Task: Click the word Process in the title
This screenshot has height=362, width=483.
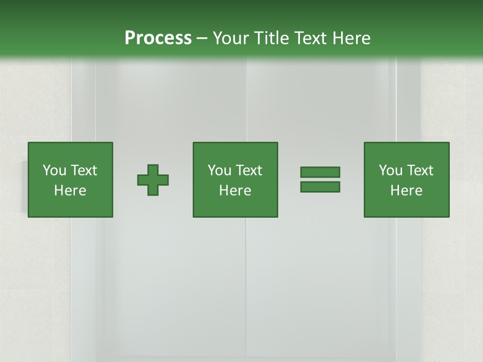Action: point(158,38)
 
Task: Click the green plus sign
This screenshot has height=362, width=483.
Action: point(153,180)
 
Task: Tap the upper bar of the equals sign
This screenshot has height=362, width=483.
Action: point(320,172)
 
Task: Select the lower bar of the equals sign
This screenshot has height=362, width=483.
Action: point(320,187)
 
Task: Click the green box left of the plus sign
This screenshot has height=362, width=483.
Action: point(70,206)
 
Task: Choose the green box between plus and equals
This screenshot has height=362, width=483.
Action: point(235,206)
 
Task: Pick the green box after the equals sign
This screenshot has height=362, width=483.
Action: point(407,206)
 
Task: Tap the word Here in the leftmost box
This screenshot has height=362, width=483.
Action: point(70,191)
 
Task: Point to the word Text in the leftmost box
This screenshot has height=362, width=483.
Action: point(84,170)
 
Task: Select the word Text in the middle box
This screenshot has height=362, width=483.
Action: point(249,170)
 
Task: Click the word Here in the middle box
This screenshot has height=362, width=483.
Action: point(235,191)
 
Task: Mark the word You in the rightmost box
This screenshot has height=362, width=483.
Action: point(390,170)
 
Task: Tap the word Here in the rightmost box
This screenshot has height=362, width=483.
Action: point(407,191)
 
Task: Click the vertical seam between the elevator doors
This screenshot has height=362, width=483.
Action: point(246,282)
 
